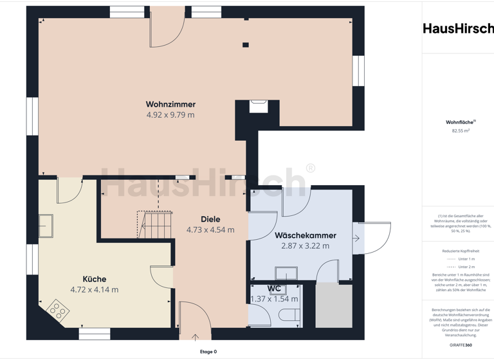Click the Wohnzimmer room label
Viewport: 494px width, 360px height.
[x=170, y=104]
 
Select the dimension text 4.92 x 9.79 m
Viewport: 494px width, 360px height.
[x=170, y=115]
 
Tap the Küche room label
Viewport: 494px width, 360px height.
[x=94, y=279]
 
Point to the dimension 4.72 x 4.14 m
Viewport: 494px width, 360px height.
[x=94, y=290]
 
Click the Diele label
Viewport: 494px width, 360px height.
[x=210, y=219]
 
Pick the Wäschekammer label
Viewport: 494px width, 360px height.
[x=306, y=235]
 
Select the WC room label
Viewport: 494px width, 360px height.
[x=274, y=289]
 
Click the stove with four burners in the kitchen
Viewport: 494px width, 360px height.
[x=57, y=312]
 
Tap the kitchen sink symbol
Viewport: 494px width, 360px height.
[x=46, y=226]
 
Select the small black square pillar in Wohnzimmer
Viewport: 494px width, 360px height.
[x=245, y=45]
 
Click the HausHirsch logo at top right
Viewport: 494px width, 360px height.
[x=458, y=28]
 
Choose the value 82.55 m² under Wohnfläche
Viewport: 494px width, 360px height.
[x=461, y=130]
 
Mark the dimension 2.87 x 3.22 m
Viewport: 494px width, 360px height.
[x=306, y=246]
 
